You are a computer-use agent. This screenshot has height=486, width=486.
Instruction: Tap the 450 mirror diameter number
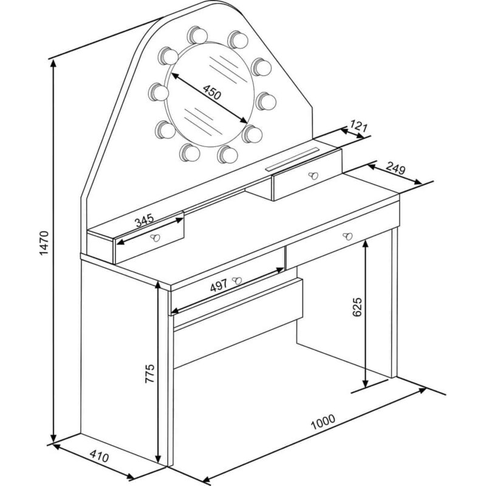point(212,92)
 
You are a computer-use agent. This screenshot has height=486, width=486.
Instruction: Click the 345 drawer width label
point(144,220)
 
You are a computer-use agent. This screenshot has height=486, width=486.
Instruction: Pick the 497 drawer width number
point(219,285)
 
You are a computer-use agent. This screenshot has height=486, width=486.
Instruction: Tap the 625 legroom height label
point(357,307)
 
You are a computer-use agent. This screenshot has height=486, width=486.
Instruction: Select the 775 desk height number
point(149,374)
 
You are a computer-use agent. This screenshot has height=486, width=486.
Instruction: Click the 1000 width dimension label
point(323,422)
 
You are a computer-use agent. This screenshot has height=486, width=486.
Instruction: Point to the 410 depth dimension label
point(99,457)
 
